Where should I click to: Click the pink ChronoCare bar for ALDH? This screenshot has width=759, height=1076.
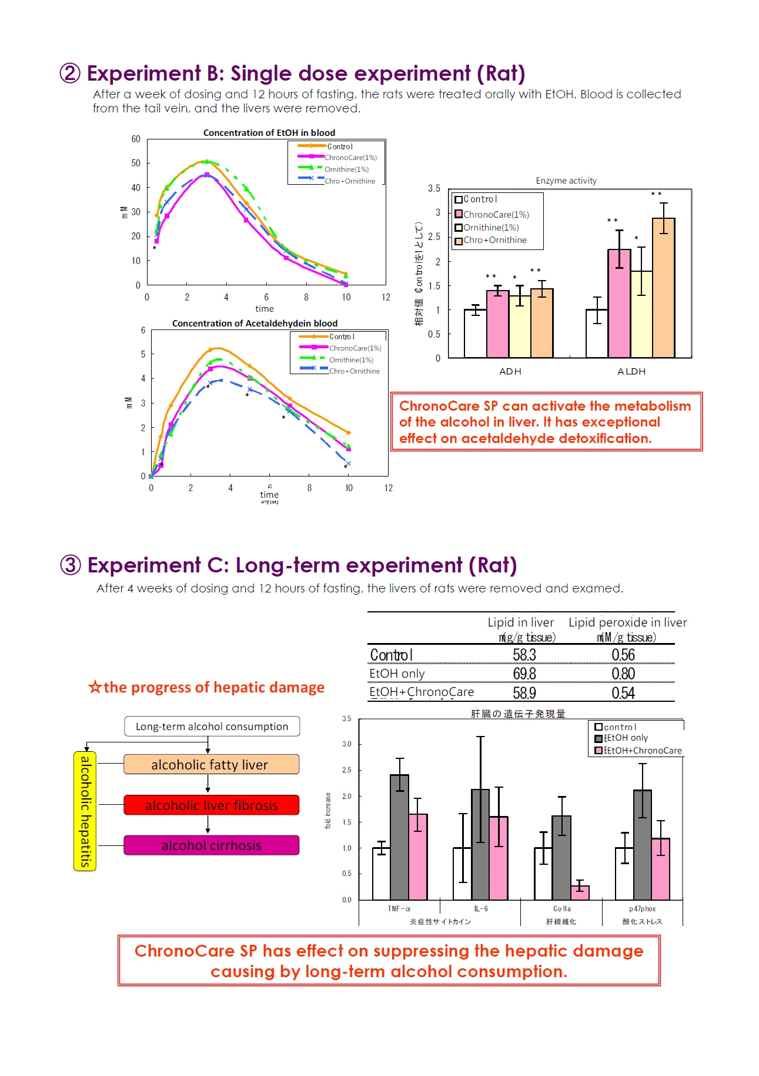coord(619,304)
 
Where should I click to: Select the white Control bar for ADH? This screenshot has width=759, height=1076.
coord(475,334)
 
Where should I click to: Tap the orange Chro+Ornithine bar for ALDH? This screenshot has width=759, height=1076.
coord(663,288)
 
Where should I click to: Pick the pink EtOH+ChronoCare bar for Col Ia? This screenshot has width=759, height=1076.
coord(580,892)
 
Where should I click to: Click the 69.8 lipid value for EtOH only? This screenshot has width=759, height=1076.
coord(524,674)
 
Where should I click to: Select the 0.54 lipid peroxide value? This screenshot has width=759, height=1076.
coord(623,693)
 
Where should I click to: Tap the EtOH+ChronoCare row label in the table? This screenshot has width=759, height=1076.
coord(421,692)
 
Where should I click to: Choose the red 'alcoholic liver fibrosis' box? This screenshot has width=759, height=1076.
coord(211,805)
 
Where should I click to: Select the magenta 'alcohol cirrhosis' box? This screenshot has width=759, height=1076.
coord(211,845)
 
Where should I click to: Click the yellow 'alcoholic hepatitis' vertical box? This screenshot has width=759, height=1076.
coord(85,811)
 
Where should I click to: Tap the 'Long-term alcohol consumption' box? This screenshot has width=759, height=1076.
coord(212,727)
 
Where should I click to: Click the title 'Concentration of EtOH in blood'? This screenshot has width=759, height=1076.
coord(269,133)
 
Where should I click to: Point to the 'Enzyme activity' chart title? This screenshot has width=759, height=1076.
coord(566,181)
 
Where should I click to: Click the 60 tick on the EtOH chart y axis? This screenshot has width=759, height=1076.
coord(136,139)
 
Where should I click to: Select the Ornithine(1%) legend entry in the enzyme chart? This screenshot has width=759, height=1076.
coord(490,228)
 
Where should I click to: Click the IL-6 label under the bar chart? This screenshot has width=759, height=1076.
coord(481,909)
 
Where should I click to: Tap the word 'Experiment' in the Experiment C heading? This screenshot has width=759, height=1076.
coord(143,565)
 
